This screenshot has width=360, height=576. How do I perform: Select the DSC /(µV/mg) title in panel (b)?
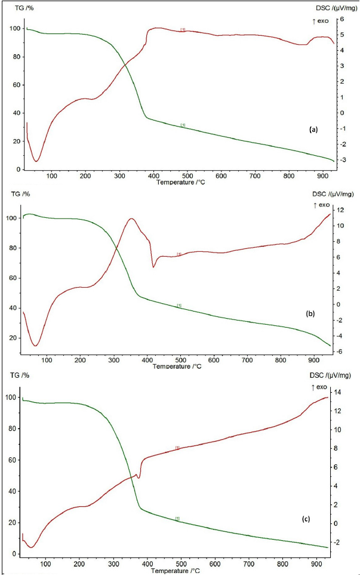point(333,195)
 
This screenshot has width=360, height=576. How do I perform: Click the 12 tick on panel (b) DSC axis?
point(339,210)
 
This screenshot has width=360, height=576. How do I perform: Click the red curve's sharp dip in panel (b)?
point(153,266)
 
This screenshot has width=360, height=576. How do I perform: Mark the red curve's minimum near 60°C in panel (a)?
point(36,161)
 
